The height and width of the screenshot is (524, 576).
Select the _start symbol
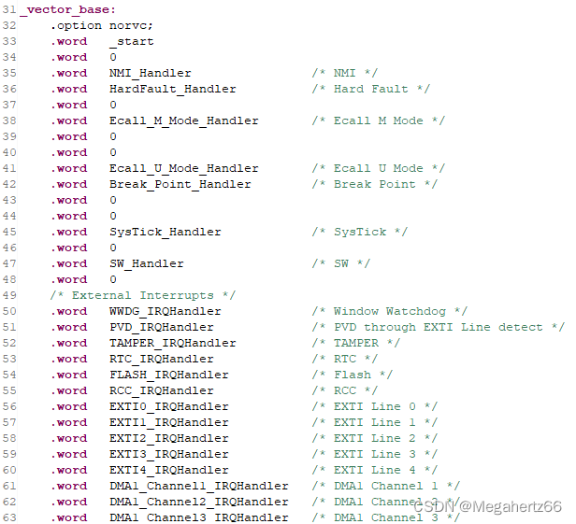(131, 41)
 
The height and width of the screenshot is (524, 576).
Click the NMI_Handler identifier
(150, 73)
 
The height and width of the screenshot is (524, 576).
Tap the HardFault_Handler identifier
(172, 89)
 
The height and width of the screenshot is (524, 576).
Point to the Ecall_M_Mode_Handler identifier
(183, 120)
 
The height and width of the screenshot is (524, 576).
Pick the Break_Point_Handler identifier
(180, 184)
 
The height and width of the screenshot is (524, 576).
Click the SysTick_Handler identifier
(165, 232)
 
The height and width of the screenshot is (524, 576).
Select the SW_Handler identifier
(146, 263)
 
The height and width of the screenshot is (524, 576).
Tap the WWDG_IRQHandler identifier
(165, 311)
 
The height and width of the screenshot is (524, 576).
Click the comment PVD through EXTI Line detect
(438, 327)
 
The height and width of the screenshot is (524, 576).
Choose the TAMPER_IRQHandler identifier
(172, 343)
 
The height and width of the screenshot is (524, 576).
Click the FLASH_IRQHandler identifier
(168, 375)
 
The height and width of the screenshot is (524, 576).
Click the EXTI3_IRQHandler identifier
(168, 454)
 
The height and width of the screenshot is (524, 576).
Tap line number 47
(10, 263)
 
